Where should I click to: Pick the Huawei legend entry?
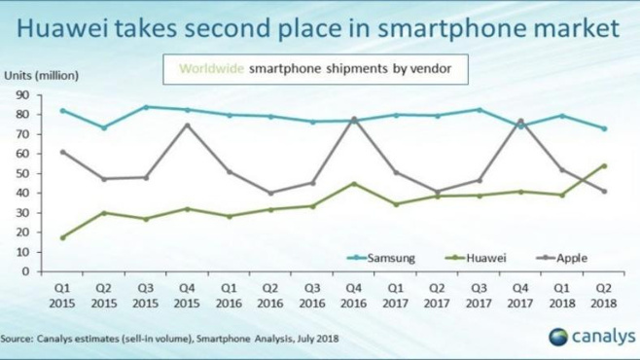pos(479,258)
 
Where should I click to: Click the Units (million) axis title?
pos(42,74)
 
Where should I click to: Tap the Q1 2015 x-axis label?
pos(63,296)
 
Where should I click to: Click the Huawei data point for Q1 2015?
pos(63,237)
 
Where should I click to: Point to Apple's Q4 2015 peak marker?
pos(186,125)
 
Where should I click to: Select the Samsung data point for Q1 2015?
pos(63,111)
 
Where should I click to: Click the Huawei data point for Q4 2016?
pos(354,183)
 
